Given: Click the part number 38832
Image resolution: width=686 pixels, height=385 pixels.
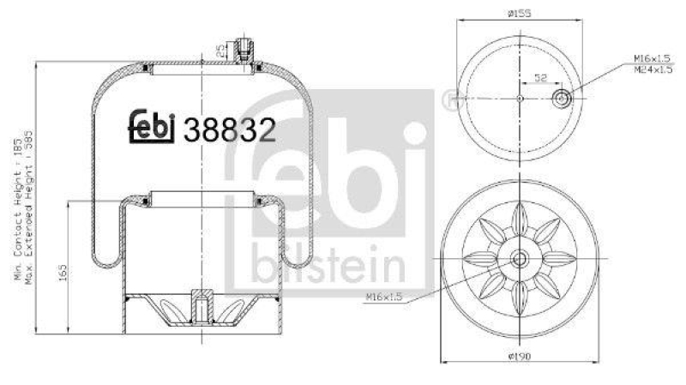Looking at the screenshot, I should [x=236, y=130].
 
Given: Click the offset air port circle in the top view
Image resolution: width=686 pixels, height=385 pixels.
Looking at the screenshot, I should [x=562, y=99].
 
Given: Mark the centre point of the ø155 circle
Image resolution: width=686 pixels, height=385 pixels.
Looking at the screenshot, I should [x=519, y=99].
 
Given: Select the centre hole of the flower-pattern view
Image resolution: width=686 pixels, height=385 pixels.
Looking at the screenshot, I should [x=519, y=260].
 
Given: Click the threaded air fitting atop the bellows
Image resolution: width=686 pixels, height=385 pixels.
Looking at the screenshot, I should [x=244, y=49].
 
